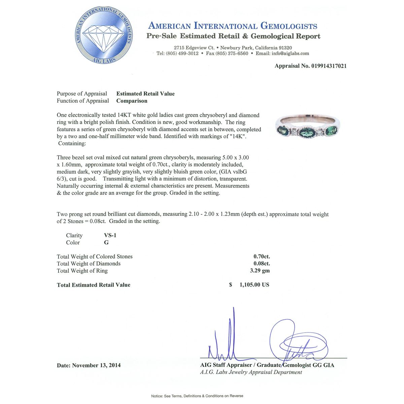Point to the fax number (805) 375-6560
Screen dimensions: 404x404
click(232, 54)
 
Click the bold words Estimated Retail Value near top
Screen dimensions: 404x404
click(145, 94)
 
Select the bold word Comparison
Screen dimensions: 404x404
click(132, 101)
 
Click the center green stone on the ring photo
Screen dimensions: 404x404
click(306, 132)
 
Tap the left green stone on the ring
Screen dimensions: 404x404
click(282, 130)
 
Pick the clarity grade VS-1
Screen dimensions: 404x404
click(110, 236)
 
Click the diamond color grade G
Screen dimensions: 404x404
click(106, 243)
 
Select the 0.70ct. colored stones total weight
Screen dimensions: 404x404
click(262, 257)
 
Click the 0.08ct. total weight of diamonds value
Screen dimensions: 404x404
click(262, 264)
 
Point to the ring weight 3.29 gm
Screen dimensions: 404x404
click(262, 271)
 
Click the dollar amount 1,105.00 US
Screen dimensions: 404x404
click(254, 285)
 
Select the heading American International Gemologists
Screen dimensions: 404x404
click(233, 26)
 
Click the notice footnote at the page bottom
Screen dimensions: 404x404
click(197, 396)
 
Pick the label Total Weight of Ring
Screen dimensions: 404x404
click(82, 271)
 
